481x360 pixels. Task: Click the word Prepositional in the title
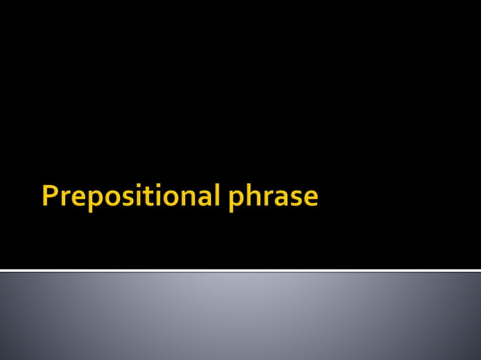coord(131,197)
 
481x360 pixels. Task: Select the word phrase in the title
coord(273,197)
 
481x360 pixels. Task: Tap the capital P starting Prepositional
coord(50,197)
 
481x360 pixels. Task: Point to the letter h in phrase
coord(252,196)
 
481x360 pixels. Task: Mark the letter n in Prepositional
coord(188,199)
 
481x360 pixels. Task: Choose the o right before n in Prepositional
coord(170,199)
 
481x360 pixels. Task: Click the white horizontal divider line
coord(240,270)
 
